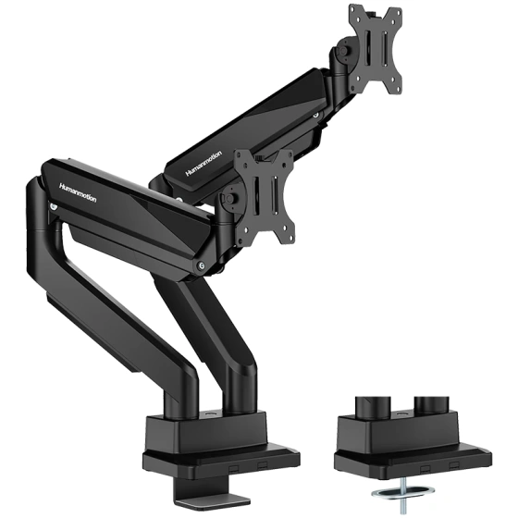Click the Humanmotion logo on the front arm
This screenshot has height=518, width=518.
tap(78, 192)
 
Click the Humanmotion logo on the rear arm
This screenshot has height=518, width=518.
tap(203, 163)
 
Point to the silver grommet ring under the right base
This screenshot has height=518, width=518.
tap(403, 493)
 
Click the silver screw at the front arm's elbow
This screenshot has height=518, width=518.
tap(201, 265)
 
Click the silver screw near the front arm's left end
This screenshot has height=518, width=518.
tap(54, 207)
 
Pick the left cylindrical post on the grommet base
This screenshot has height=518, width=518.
tap(373, 409)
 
